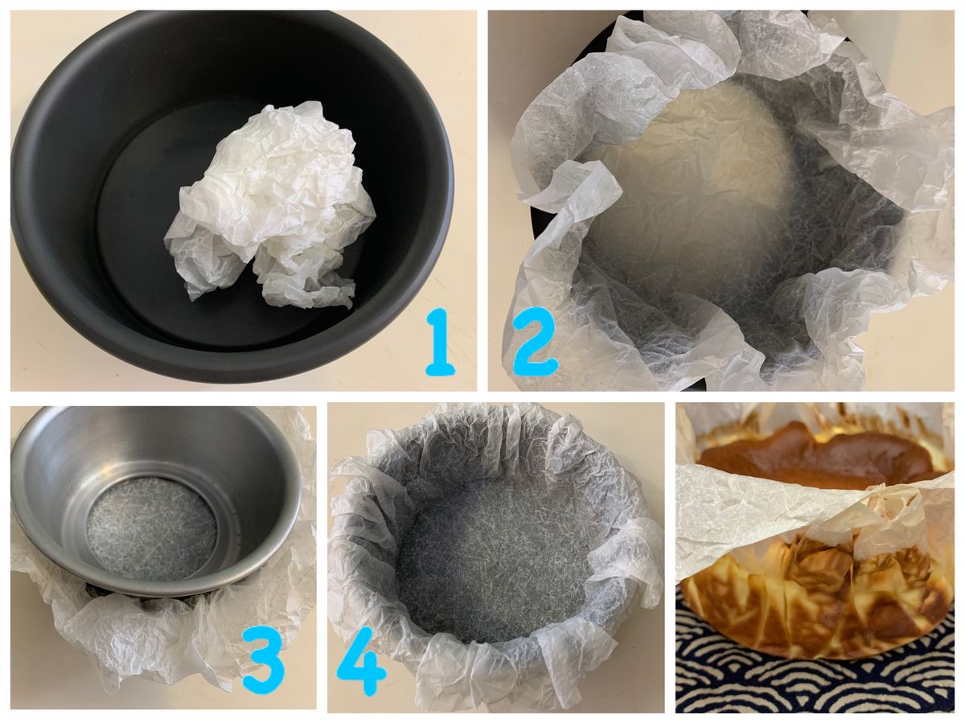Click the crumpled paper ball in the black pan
(270, 202)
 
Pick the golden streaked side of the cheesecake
(813, 602)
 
